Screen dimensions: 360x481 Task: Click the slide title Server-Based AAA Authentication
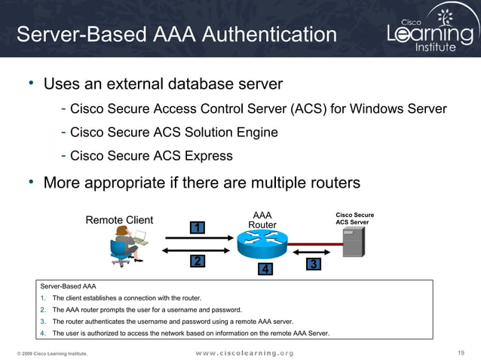tap(176, 35)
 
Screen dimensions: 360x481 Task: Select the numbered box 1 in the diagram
tap(197, 227)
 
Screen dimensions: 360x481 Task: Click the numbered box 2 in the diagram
tap(197, 261)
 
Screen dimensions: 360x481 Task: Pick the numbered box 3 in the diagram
tap(314, 264)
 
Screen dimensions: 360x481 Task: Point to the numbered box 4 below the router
tap(264, 269)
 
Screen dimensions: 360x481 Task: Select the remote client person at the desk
tap(125, 245)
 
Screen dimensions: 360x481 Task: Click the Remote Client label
tap(119, 220)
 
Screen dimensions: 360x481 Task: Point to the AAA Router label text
tap(262, 220)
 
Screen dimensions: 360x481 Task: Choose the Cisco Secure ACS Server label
tap(354, 218)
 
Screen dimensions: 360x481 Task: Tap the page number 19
tap(461, 352)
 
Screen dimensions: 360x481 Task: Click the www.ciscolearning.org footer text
tap(244, 352)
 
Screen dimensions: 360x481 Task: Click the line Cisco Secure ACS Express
tap(151, 156)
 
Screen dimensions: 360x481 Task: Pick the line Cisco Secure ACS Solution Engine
tap(173, 133)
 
